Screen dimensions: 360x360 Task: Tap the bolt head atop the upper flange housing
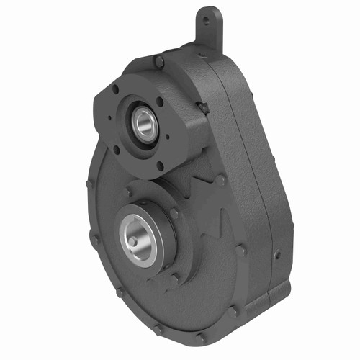click(x=160, y=63)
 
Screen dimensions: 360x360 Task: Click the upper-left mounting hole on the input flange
click(x=115, y=89)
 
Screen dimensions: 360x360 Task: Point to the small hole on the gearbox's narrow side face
click(x=277, y=253)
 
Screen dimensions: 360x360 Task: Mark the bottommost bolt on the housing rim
click(x=202, y=336)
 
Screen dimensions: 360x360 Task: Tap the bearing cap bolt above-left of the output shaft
click(x=128, y=192)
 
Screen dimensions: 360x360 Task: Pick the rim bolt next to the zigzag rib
click(x=221, y=180)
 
